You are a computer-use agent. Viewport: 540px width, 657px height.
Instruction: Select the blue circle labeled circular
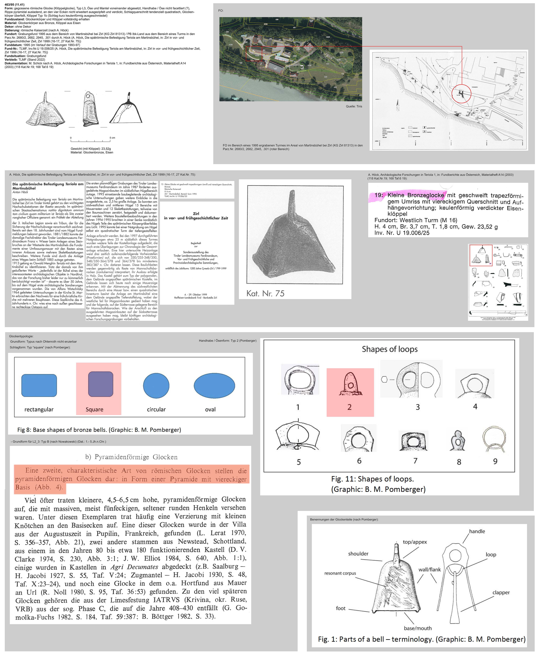156,386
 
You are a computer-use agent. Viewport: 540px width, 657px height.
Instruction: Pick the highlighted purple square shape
100,384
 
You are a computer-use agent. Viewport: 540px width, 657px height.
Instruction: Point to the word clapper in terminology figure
501,592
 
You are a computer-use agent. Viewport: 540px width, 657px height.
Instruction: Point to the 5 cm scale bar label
112,138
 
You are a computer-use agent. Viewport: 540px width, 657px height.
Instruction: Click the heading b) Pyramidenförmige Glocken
131,457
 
